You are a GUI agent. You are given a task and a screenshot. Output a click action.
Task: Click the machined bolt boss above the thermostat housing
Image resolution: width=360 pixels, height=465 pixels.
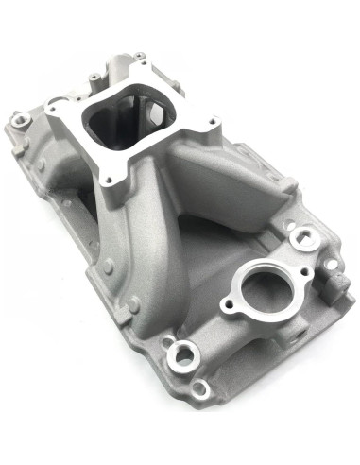[301, 237]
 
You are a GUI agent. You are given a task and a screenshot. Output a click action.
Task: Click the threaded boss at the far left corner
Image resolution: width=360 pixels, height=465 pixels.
[20, 120]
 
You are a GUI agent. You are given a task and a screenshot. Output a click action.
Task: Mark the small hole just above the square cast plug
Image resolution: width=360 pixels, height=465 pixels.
[328, 258]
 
